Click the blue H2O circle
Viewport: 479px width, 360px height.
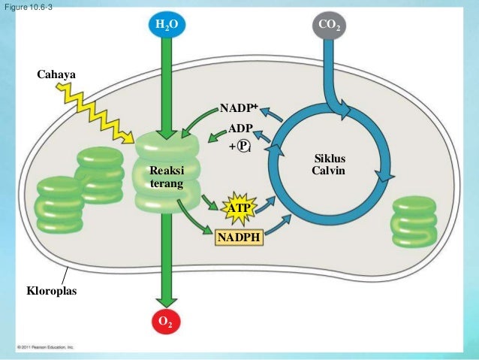point(167,26)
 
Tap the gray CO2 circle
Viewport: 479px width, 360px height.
point(329,26)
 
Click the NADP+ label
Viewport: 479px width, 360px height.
point(239,109)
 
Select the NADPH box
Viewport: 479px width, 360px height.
point(238,238)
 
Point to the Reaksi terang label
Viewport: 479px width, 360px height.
point(166,177)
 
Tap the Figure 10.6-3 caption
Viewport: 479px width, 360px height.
point(27,8)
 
